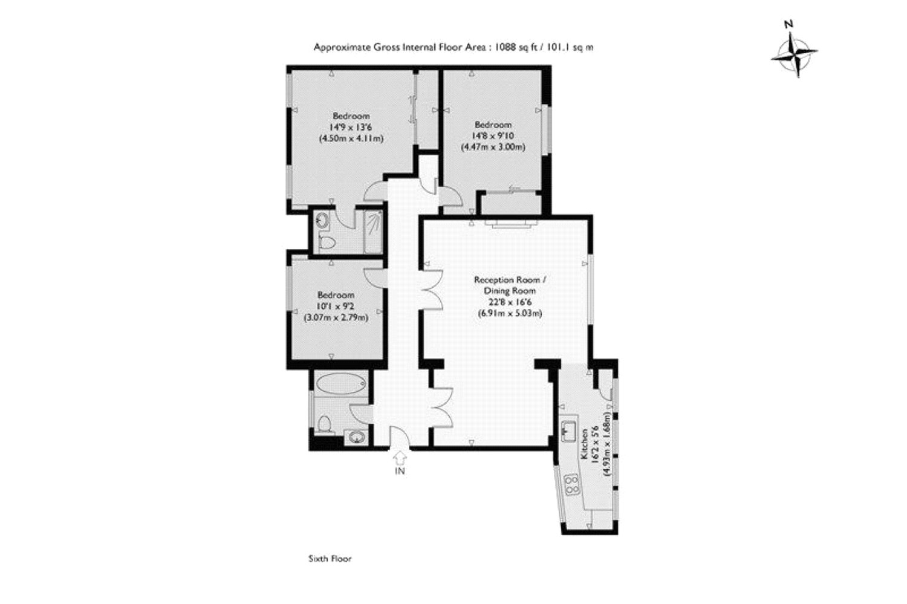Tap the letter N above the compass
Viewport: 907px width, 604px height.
(x=788, y=24)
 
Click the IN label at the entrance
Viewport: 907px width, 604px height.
(x=400, y=471)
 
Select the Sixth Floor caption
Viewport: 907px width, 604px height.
(x=330, y=559)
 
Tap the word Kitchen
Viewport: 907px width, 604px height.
(x=585, y=444)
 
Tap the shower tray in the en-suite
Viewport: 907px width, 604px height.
(x=373, y=231)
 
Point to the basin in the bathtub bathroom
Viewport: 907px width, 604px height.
(x=357, y=437)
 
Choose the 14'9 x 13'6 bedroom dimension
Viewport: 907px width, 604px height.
(x=351, y=127)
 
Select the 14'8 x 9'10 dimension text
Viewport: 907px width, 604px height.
(x=493, y=135)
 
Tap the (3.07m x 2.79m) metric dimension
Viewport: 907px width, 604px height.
(x=336, y=317)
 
